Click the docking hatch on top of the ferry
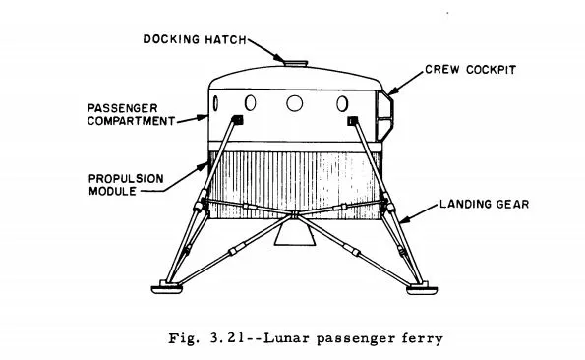(x=292, y=65)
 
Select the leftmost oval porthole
(x=250, y=101)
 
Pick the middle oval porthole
(x=296, y=101)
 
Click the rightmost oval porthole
(x=342, y=101)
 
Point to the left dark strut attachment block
(x=237, y=120)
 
